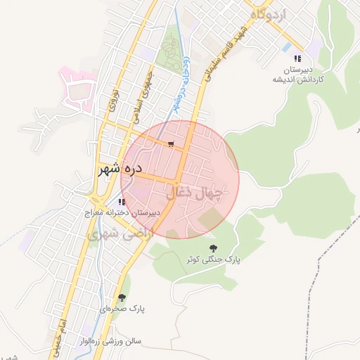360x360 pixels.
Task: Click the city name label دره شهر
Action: click(x=120, y=169)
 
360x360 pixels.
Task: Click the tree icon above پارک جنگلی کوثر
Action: click(x=214, y=247)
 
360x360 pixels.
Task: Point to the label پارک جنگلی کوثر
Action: click(x=213, y=259)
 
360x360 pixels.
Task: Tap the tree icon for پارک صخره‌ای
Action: click(x=122, y=297)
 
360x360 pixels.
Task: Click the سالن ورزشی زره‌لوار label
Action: click(x=109, y=342)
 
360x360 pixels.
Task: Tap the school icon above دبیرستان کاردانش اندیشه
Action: click(x=297, y=58)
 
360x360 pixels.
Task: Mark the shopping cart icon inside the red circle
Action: click(x=171, y=144)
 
